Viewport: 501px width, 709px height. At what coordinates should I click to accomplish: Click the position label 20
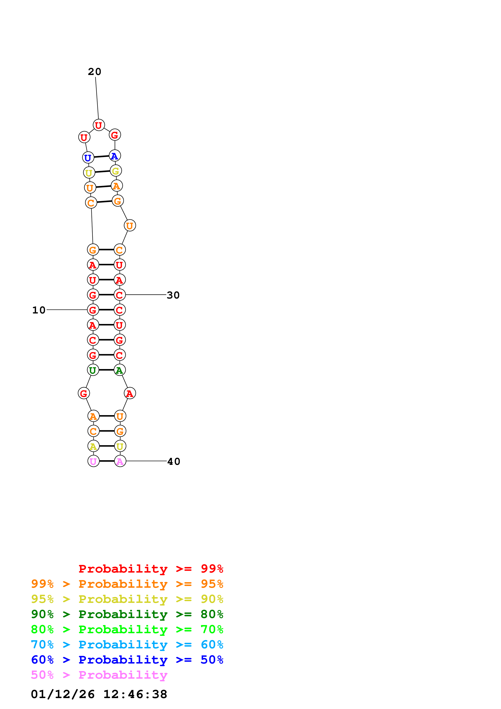[94, 72]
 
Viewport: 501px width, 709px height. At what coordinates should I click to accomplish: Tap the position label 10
[39, 310]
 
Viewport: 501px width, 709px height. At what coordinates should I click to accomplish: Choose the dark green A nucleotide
[119, 370]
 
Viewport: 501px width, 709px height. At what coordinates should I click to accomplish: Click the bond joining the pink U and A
[107, 461]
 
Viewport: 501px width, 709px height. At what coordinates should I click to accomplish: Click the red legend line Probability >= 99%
[151, 569]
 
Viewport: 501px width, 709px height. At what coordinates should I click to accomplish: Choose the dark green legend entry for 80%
[127, 614]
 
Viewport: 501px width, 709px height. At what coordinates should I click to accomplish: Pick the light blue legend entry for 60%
[127, 645]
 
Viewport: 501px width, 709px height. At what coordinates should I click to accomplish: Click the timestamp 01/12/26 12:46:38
[99, 694]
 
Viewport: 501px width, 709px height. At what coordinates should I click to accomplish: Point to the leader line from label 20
[97, 98]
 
